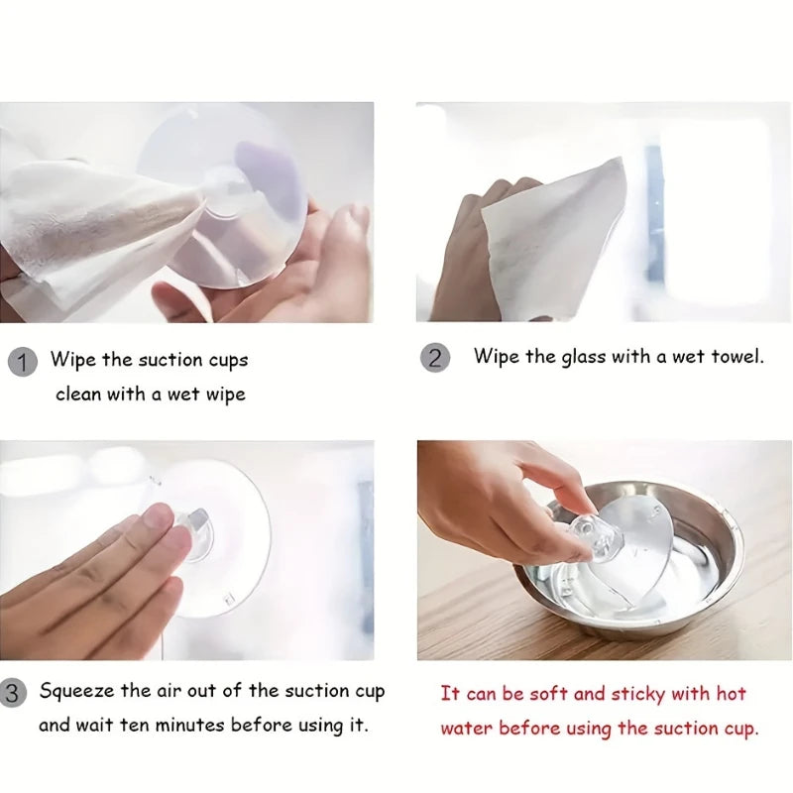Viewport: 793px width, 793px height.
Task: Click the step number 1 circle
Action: click(x=23, y=362)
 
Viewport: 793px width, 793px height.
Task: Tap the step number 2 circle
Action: click(x=435, y=358)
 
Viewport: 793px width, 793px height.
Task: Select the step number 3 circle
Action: click(x=12, y=693)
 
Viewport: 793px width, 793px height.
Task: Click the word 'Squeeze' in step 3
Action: click(x=77, y=692)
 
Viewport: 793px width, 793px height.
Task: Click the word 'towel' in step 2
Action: click(x=736, y=357)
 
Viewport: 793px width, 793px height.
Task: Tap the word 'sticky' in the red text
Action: click(x=637, y=695)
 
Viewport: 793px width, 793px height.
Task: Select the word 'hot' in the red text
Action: click(x=731, y=693)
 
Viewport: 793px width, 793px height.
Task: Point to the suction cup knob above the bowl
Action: click(x=592, y=538)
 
